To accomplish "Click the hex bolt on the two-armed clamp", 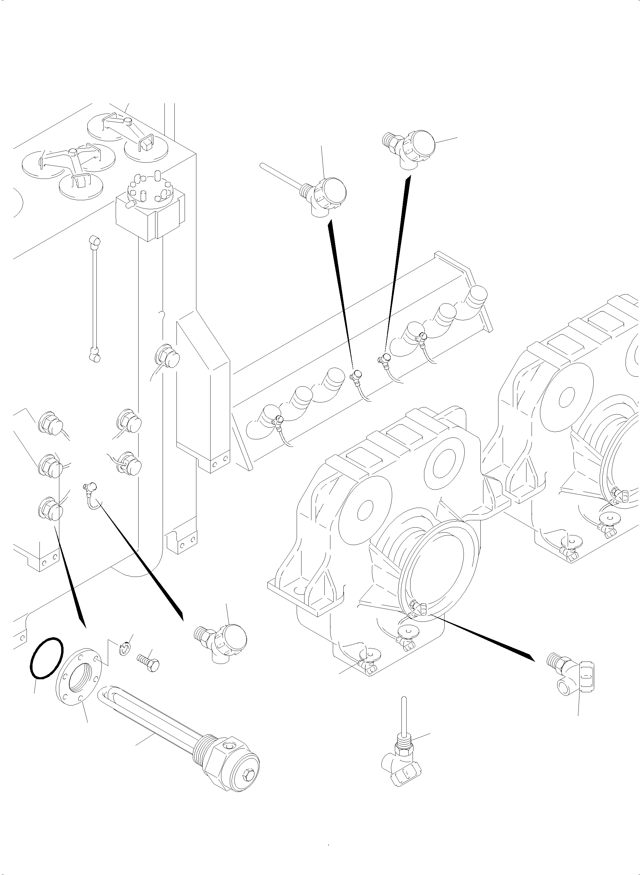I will (127, 122).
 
